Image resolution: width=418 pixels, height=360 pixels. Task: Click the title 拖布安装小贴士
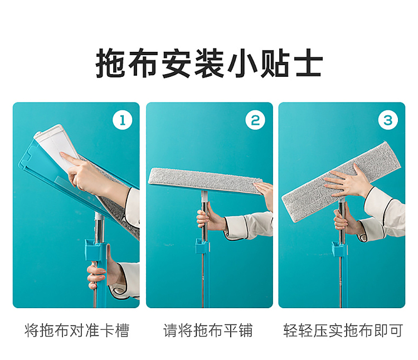209,63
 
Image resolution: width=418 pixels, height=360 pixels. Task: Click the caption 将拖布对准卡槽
77,330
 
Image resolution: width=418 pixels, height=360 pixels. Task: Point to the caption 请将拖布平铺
208,330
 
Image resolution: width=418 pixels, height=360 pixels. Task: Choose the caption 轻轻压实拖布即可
343,330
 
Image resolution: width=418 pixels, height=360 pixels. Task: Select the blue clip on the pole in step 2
202,246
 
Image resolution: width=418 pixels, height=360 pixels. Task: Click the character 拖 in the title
110,63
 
